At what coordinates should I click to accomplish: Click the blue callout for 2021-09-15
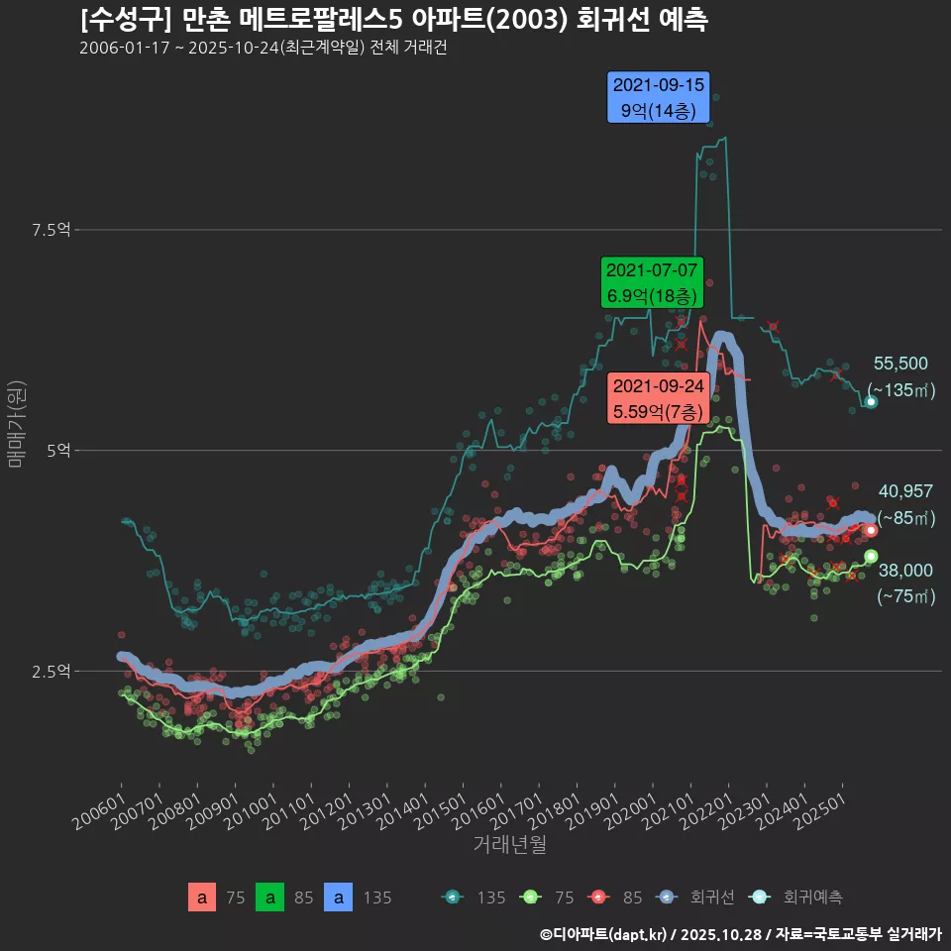click(x=660, y=97)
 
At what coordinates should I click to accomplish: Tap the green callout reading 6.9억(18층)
click(x=652, y=282)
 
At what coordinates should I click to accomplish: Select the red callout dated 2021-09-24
click(x=658, y=398)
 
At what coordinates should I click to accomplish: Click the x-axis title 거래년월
click(x=509, y=844)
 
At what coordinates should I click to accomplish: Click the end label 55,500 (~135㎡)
click(x=900, y=377)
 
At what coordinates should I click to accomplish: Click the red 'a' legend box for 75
click(x=202, y=898)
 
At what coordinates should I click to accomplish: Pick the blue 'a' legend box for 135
click(x=339, y=898)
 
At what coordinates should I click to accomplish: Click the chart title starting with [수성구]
click(x=393, y=20)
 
